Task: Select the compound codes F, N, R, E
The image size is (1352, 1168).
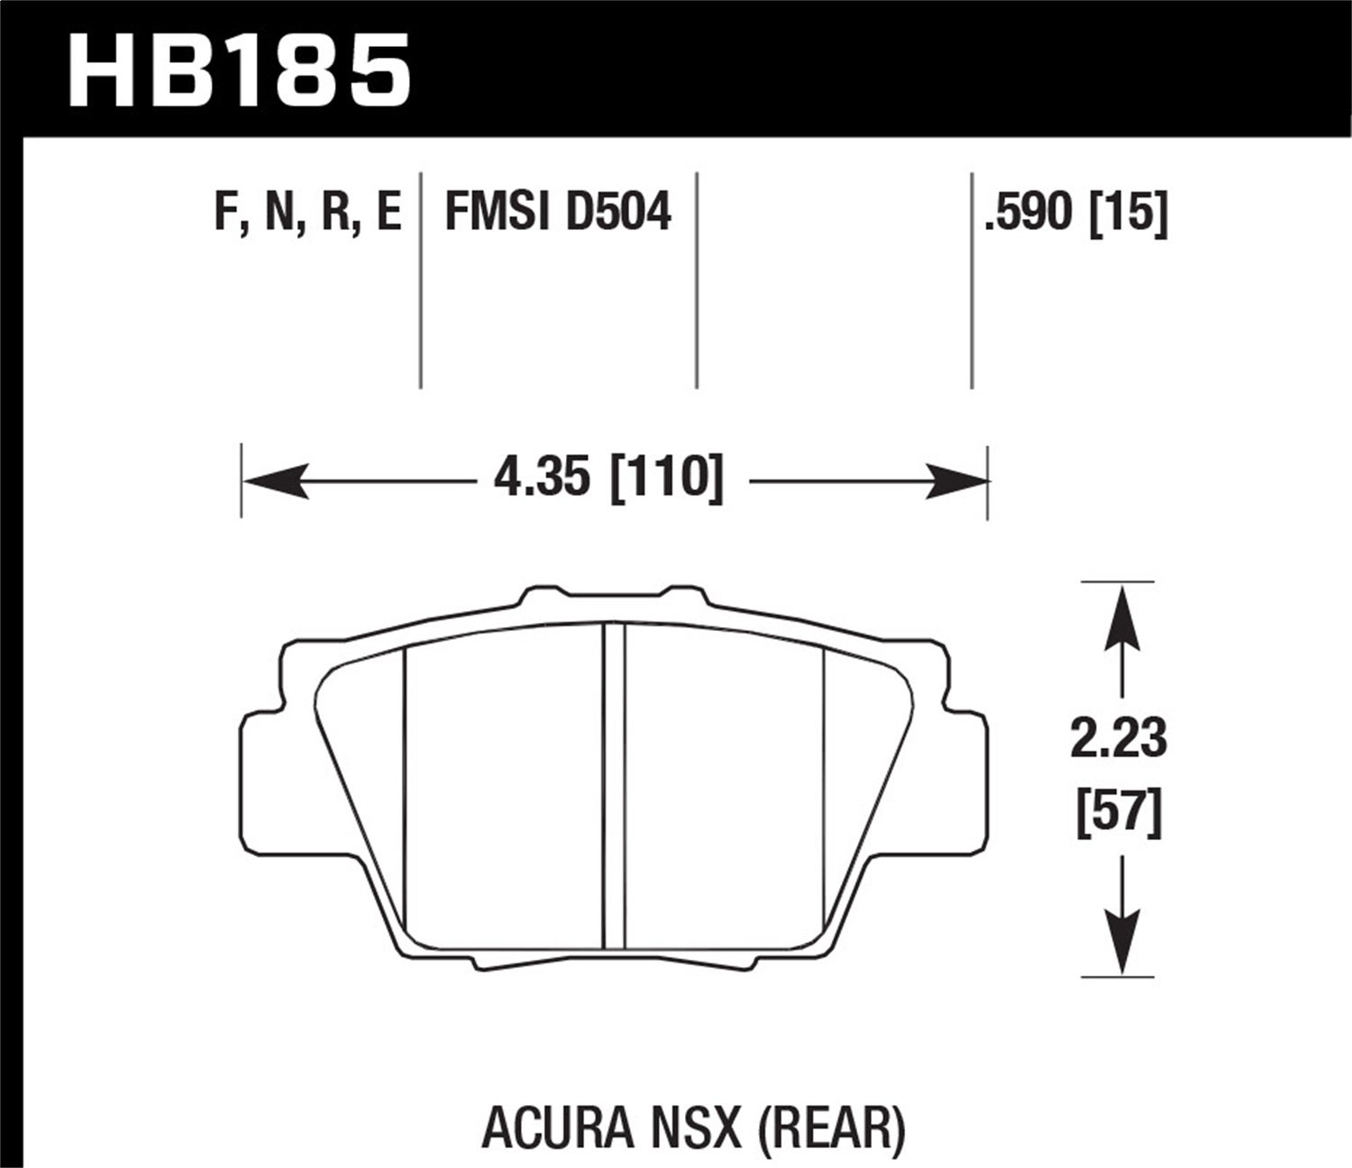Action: [x=307, y=214]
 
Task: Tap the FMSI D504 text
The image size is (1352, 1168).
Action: [x=558, y=214]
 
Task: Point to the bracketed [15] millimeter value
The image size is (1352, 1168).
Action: [x=1128, y=214]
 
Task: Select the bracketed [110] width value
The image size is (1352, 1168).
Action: [x=668, y=478]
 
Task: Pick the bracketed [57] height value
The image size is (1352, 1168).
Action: [x=1119, y=813]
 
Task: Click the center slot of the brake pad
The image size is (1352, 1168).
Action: [x=614, y=784]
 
